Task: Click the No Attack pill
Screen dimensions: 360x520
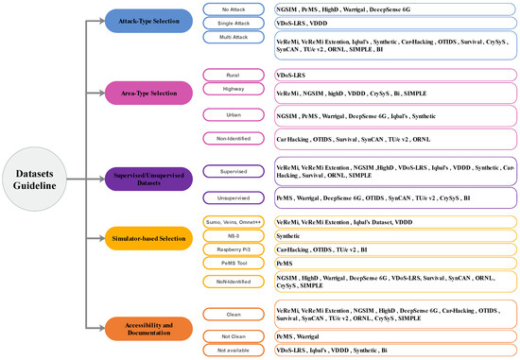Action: pos(234,9)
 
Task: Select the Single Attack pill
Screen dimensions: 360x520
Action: pos(234,22)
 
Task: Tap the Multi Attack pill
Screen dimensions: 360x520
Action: pos(234,37)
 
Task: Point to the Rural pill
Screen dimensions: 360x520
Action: pos(234,74)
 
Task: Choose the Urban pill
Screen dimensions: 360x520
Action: pos(234,114)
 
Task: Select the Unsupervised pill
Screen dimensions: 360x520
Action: pos(234,198)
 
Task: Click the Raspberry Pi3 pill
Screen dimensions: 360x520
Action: pos(234,250)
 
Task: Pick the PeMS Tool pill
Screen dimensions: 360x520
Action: pos(234,265)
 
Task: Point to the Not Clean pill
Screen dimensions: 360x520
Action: pos(234,334)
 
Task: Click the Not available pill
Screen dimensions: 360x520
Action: pos(234,350)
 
